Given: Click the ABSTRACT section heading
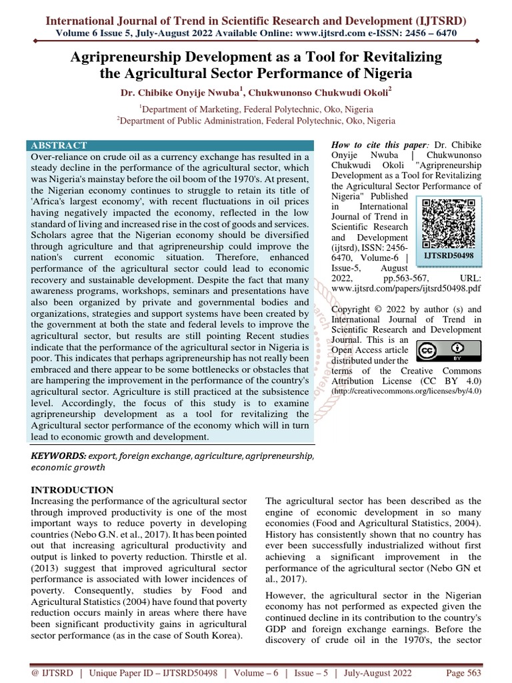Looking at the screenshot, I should point(59,145).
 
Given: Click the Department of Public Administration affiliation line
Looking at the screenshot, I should point(256,121).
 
